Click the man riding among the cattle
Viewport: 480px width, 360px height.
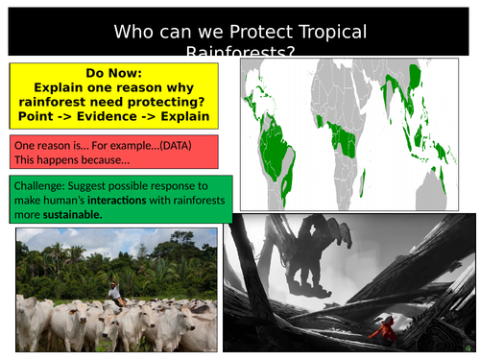(114, 291)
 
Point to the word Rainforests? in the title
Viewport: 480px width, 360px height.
(239, 53)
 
